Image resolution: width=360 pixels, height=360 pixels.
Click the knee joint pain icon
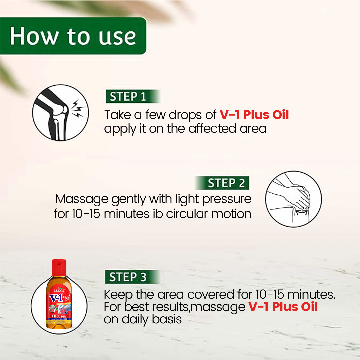(x=60, y=112)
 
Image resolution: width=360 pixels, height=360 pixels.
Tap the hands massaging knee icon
(x=293, y=199)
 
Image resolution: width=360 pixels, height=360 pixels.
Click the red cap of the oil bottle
(x=59, y=267)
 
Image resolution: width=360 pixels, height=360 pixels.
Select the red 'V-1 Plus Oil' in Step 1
(x=254, y=115)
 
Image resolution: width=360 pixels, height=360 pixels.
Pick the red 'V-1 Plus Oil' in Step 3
(x=283, y=306)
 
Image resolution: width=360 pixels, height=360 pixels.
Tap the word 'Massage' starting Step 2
(x=82, y=199)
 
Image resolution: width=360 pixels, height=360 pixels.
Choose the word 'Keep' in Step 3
(x=118, y=295)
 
